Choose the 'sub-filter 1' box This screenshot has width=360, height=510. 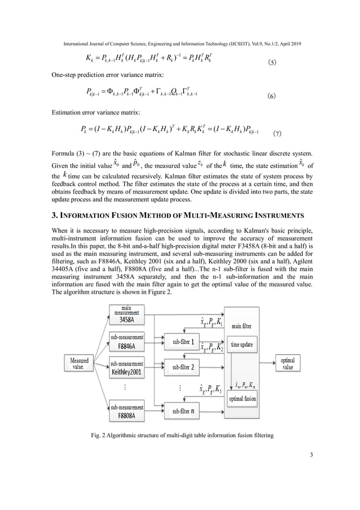point(182,342)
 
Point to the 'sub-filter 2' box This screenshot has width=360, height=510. point(182,367)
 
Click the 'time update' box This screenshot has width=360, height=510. point(242,343)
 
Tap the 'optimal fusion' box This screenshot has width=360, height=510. point(242,399)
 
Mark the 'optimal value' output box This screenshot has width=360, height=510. point(287,347)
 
